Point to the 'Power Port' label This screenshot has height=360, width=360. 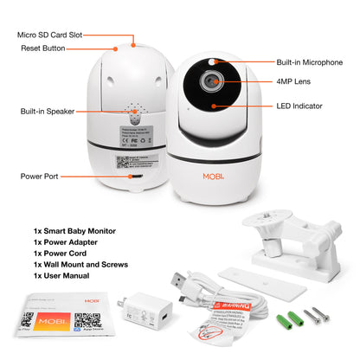coord(41,176)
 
